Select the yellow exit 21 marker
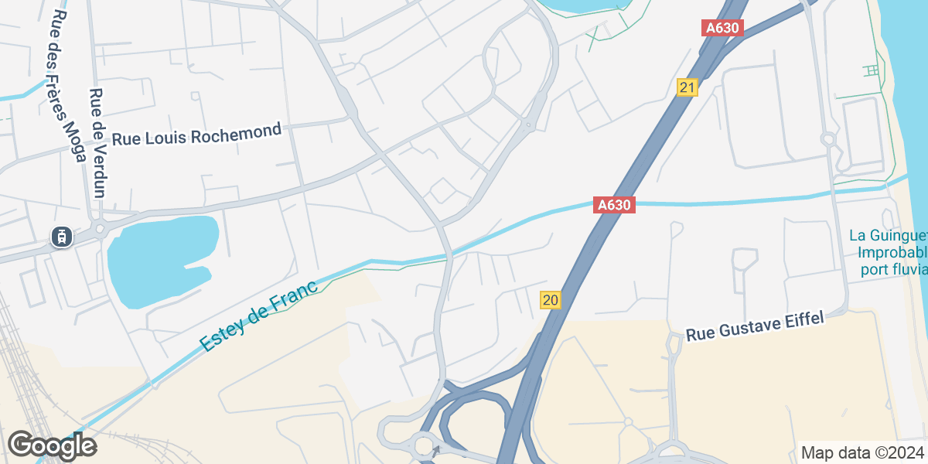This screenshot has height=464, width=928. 687,87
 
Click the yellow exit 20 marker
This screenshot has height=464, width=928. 551,300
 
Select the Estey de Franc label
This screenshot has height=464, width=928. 258,316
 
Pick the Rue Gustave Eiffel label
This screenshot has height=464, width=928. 756,326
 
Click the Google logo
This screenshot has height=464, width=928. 52,445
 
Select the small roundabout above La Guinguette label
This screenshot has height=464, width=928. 830,139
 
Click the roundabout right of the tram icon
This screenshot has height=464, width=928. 99,228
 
